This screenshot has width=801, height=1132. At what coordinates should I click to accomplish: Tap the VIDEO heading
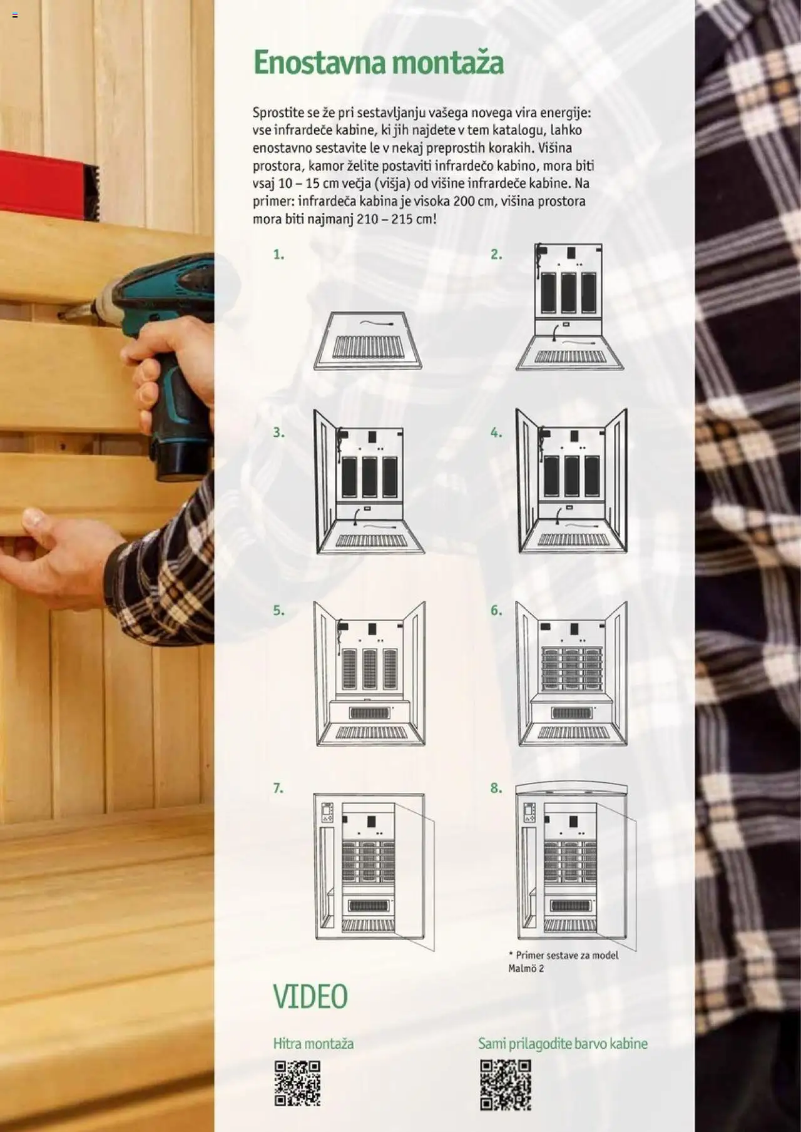coord(310,996)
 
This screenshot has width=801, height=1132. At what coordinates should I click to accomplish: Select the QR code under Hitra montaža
coord(297,1083)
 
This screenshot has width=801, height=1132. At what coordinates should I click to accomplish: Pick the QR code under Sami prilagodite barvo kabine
coord(506,1084)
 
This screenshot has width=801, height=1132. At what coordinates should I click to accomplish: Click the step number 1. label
coord(278,255)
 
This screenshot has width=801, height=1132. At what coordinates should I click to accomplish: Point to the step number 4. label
coord(496,432)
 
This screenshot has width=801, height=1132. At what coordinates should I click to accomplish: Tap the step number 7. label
coord(278,788)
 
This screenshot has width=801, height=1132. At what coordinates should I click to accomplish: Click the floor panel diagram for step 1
coord(368,341)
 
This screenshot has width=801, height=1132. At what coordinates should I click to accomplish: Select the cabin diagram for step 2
coord(569,307)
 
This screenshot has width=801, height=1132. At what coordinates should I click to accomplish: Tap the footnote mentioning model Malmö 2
coord(563,962)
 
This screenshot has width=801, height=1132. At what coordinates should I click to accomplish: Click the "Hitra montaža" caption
coord(314,1043)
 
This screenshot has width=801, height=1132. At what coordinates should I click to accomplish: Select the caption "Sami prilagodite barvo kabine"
coord(563,1044)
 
